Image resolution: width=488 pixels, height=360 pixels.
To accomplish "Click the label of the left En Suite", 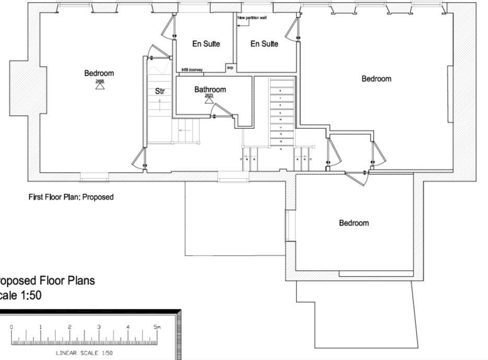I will point(206,44).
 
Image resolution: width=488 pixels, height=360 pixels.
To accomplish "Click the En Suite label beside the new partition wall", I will point(264,44).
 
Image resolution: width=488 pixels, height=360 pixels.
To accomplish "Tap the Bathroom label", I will point(210,90).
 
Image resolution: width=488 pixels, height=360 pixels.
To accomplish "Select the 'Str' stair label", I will point(160,91).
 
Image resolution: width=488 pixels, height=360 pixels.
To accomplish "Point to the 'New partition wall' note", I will point(252,18).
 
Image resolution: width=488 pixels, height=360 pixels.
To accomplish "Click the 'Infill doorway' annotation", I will point(192,69).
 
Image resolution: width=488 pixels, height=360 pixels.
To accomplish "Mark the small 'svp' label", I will point(230,68).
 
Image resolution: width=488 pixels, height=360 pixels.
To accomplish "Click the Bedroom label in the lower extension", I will point(354,223).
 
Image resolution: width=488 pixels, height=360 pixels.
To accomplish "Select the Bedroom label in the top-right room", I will point(376,79).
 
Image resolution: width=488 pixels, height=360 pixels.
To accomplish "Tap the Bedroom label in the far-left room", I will point(99,74).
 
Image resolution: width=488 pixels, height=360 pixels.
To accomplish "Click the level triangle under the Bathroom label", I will point(209,101).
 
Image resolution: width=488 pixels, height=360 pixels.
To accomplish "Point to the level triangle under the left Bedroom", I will point(100,86).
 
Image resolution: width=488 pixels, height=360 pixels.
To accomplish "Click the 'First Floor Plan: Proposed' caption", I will point(71,197).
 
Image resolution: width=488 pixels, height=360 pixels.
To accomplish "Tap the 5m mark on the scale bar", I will point(157,328).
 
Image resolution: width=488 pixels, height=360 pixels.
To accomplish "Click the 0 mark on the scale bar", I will point(11,328).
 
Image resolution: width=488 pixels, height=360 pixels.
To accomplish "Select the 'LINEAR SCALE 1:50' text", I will point(84,353).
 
